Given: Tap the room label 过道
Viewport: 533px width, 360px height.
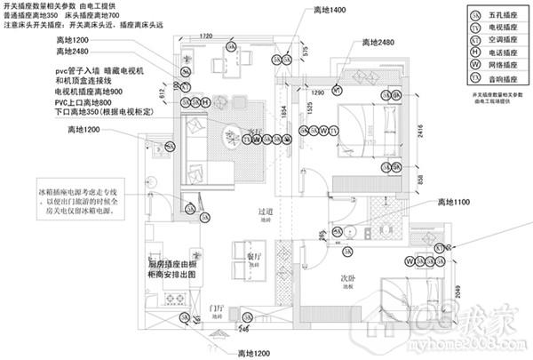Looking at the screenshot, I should [265, 211].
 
